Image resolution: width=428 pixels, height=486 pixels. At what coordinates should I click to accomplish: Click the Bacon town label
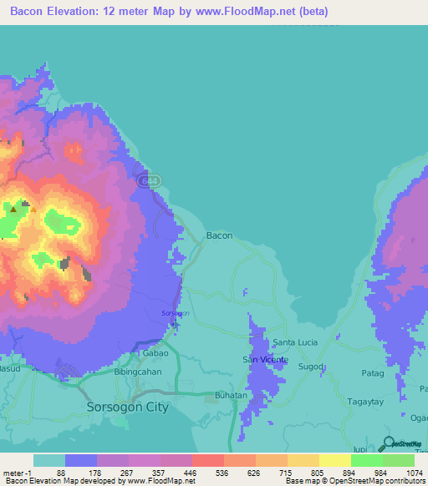coord(219,235)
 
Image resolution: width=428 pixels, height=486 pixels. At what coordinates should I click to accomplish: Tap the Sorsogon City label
coord(128,408)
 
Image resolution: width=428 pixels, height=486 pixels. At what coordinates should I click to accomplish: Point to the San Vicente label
coord(265,360)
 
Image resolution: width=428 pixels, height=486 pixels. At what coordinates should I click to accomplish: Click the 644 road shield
coord(146,179)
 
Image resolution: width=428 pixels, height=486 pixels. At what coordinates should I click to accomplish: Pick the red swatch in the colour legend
coord(207,460)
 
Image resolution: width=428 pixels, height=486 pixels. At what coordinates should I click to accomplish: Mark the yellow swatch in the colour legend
coord(334,460)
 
